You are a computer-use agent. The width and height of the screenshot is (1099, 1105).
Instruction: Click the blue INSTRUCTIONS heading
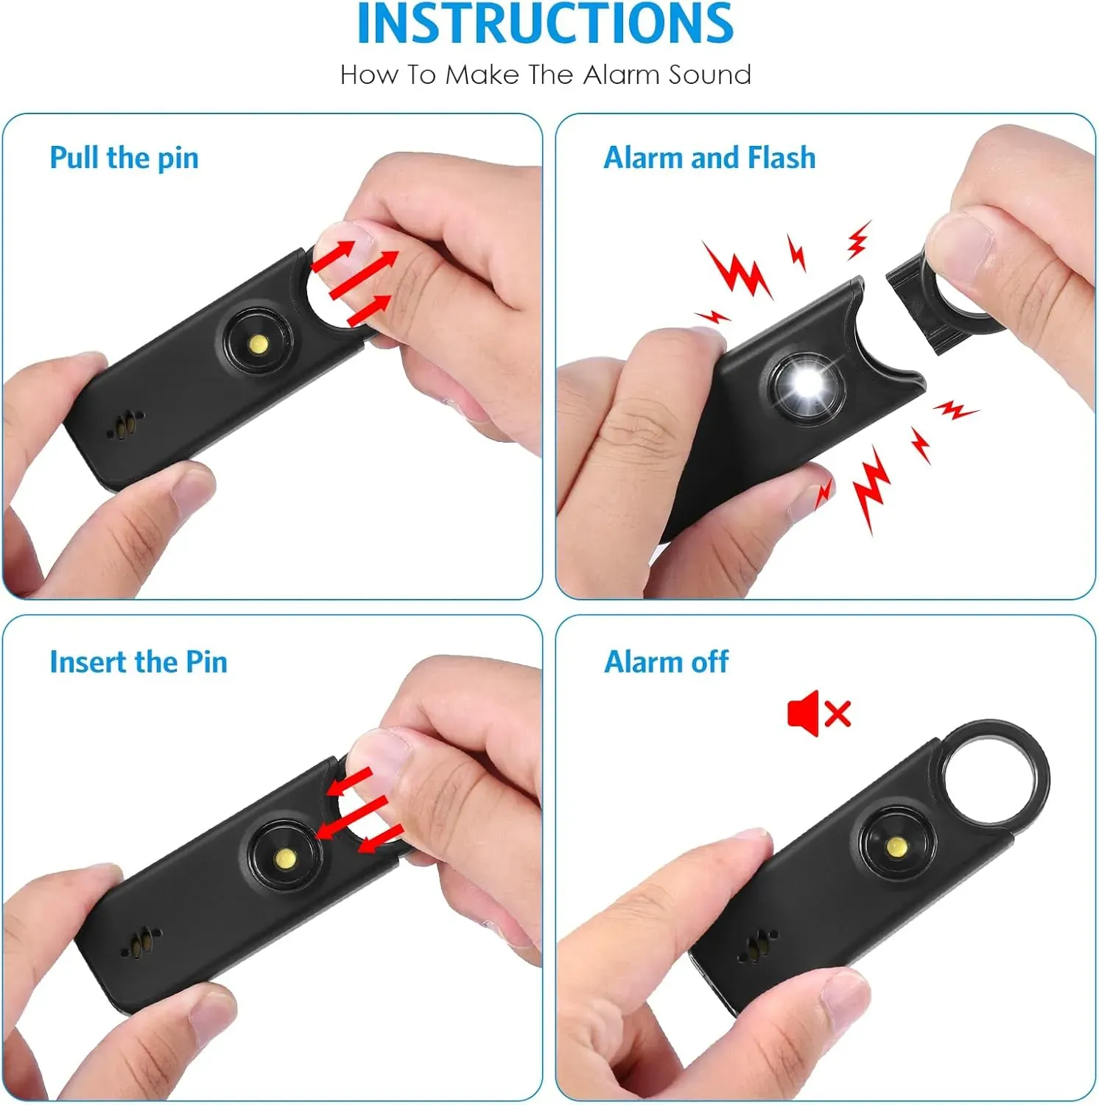pyautogui.click(x=545, y=24)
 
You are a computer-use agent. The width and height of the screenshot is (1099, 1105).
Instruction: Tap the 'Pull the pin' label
pyautogui.click(x=124, y=158)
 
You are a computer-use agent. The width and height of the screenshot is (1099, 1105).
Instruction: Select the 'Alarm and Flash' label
pyautogui.click(x=709, y=158)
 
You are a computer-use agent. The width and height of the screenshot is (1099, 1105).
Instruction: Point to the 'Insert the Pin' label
pyautogui.click(x=138, y=662)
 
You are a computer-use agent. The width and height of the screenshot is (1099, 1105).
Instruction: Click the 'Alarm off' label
pyautogui.click(x=666, y=662)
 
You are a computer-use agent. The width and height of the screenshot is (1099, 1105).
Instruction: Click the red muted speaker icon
pyautogui.click(x=818, y=713)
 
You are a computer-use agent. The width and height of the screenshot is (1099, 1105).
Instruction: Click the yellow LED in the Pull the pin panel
pyautogui.click(x=259, y=343)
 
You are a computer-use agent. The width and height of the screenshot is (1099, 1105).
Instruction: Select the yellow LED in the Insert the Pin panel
pyautogui.click(x=285, y=857)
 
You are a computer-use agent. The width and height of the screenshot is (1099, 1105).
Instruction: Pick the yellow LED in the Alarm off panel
pyautogui.click(x=896, y=847)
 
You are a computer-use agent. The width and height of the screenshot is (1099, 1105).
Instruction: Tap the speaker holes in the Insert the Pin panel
pyautogui.click(x=141, y=943)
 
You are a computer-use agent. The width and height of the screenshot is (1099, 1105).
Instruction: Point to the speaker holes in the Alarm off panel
pyautogui.click(x=756, y=947)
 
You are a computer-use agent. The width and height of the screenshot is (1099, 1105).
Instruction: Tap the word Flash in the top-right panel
pyautogui.click(x=782, y=158)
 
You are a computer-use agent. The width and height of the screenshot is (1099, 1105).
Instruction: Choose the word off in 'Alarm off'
pyautogui.click(x=709, y=662)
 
